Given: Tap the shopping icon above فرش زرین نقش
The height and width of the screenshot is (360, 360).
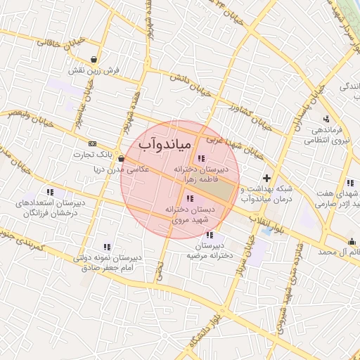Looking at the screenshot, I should (94, 59).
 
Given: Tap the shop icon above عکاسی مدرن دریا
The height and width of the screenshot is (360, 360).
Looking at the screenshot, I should (121, 158).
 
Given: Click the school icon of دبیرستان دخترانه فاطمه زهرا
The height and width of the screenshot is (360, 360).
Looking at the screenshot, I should (202, 158).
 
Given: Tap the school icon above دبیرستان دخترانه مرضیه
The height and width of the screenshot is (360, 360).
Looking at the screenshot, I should (209, 234).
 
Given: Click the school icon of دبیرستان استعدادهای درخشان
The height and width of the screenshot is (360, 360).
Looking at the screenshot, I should (50, 191).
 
